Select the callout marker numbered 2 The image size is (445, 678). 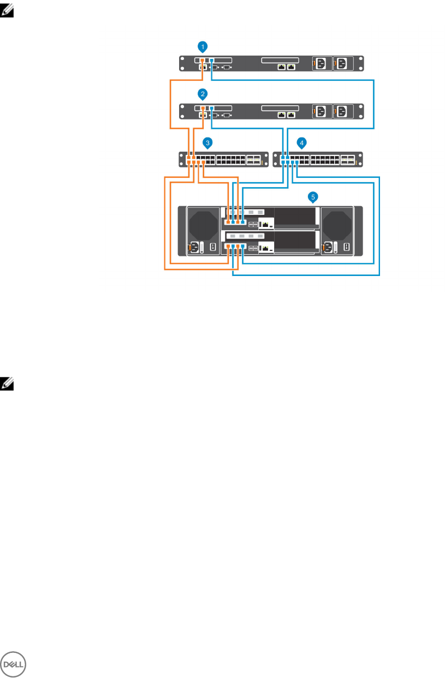click(x=203, y=94)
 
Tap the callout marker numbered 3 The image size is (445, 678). click(x=207, y=142)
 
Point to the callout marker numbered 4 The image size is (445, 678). click(x=301, y=142)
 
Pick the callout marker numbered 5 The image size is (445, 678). click(x=313, y=195)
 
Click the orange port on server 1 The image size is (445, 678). click(x=202, y=60)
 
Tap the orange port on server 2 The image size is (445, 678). click(x=202, y=108)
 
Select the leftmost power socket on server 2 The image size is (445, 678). click(x=321, y=112)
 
